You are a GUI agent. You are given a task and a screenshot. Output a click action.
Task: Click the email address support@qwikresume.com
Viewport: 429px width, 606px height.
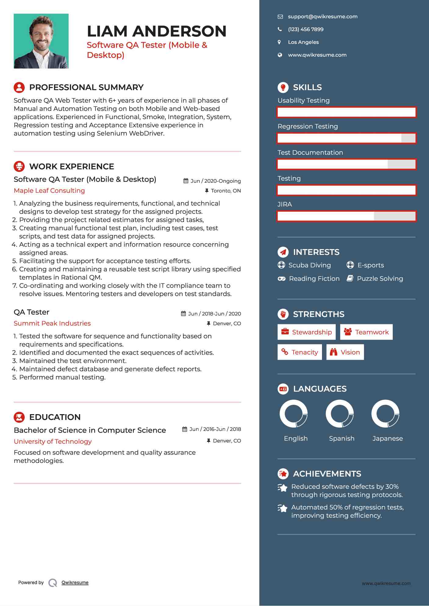pyautogui.click(x=323, y=17)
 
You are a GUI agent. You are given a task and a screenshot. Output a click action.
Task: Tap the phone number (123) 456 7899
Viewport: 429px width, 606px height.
pyautogui.click(x=306, y=30)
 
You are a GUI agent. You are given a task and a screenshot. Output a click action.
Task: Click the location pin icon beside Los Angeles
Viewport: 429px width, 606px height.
pyautogui.click(x=279, y=42)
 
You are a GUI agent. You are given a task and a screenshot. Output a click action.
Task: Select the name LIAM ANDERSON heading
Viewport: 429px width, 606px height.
pyautogui.click(x=156, y=31)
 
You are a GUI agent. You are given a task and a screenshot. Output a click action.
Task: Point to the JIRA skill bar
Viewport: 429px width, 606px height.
pyautogui.click(x=346, y=216)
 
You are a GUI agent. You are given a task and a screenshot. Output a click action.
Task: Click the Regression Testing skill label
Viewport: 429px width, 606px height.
pyautogui.click(x=308, y=126)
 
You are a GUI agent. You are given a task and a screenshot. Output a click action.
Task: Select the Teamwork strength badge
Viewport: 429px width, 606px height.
pyautogui.click(x=366, y=332)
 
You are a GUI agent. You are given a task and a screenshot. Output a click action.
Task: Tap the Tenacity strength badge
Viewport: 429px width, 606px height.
pyautogui.click(x=300, y=352)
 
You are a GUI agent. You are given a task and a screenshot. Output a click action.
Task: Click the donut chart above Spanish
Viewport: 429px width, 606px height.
pyautogui.click(x=340, y=414)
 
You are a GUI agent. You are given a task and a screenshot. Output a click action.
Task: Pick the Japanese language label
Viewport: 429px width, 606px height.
pyautogui.click(x=388, y=439)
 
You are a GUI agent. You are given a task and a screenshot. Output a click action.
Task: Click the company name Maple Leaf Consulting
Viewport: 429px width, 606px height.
pyautogui.click(x=49, y=191)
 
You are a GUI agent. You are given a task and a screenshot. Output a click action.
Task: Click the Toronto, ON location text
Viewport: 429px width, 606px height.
pyautogui.click(x=226, y=191)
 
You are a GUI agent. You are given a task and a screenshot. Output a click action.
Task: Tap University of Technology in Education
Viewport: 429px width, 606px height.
pyautogui.click(x=53, y=442)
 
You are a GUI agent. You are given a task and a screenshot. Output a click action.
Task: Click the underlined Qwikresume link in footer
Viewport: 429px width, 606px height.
pyautogui.click(x=75, y=583)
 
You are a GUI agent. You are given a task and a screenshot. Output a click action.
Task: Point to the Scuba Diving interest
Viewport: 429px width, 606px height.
pyautogui.click(x=309, y=265)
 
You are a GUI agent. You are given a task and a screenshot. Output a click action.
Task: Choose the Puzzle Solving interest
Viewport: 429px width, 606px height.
pyautogui.click(x=380, y=279)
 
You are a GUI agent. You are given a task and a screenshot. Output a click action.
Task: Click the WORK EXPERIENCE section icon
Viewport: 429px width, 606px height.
pyautogui.click(x=19, y=166)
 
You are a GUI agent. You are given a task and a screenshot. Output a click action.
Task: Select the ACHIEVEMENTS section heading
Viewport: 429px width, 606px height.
pyautogui.click(x=327, y=474)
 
